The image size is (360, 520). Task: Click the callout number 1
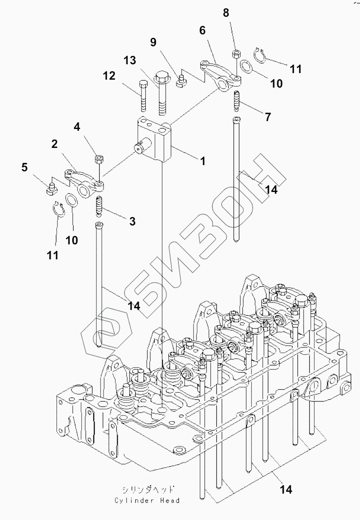pos(203,162)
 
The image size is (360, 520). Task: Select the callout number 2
pos(54,144)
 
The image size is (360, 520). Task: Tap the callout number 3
pos(132,221)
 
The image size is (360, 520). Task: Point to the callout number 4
pos(77,128)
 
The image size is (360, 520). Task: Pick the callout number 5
pos(24,167)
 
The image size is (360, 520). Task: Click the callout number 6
pos(202,30)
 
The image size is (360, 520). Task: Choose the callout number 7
pos(267,117)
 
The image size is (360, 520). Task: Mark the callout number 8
pos(226,13)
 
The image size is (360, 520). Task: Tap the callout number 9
pos(153,42)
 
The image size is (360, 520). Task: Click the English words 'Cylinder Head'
pos(147,501)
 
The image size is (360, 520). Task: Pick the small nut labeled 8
pos(235,55)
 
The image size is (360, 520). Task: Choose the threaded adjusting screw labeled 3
pos(99,206)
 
